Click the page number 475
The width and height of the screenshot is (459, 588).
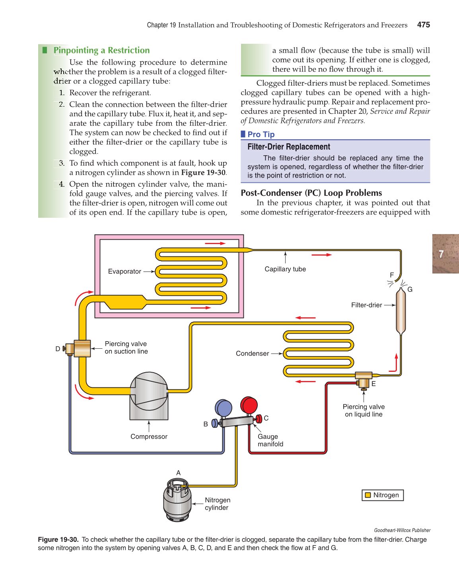(423, 25)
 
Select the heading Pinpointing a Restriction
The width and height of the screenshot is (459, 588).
(101, 50)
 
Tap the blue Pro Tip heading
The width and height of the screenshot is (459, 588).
(261, 135)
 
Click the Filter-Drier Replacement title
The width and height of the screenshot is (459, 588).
(289, 147)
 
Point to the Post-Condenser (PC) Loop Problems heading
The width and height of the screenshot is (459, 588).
(311, 193)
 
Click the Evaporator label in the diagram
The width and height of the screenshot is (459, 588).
(124, 272)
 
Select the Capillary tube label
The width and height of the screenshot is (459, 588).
(285, 269)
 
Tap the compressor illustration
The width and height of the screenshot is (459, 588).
(149, 396)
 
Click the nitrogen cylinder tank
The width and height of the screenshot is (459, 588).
(177, 500)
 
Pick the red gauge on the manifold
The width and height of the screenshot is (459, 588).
(249, 405)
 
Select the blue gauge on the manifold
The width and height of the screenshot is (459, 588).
(224, 408)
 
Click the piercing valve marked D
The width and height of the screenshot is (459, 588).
(70, 349)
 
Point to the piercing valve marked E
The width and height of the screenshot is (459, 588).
(363, 382)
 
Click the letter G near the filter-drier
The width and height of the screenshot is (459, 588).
(410, 289)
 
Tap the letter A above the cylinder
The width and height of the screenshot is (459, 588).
(179, 473)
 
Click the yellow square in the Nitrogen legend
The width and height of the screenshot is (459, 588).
(368, 495)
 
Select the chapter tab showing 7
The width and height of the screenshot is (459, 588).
(445, 254)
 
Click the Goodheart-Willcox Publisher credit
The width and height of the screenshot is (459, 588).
(402, 530)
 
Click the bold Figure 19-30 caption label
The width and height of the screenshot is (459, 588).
(58, 540)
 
